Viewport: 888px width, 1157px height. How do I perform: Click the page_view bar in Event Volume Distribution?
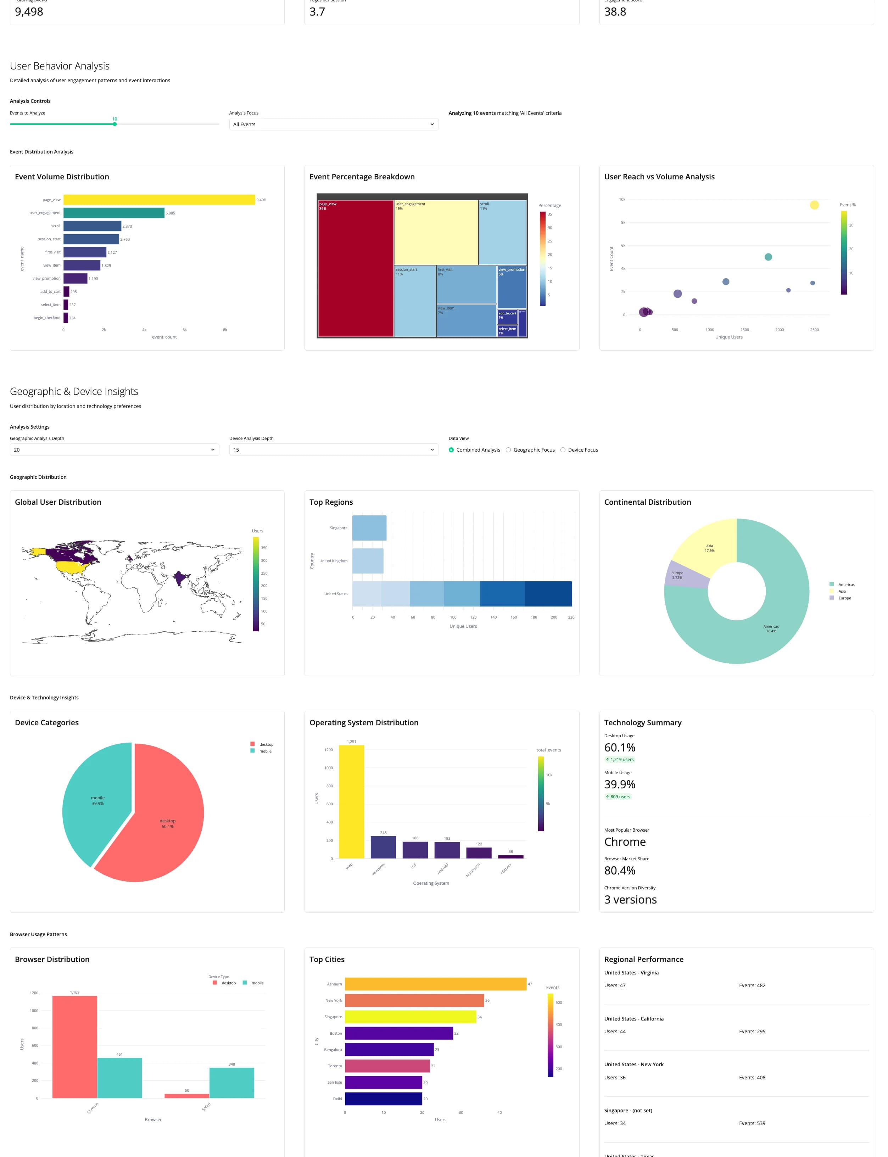pyautogui.click(x=158, y=200)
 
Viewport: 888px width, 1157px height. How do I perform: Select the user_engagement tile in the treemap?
pyautogui.click(x=436, y=233)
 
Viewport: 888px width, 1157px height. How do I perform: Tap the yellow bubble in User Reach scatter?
pyautogui.click(x=814, y=205)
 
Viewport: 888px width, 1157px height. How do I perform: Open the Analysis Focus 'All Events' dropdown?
pyautogui.click(x=334, y=124)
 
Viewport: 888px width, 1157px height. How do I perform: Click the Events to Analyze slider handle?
pyautogui.click(x=115, y=124)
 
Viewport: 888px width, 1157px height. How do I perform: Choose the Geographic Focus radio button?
pyautogui.click(x=508, y=450)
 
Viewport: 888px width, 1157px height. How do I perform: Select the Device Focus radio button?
pyautogui.click(x=563, y=450)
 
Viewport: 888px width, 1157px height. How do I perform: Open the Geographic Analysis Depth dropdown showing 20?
pyautogui.click(x=114, y=450)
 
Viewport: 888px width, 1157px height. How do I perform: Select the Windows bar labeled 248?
pyautogui.click(x=383, y=847)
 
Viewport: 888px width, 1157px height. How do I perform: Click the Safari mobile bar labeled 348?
pyautogui.click(x=231, y=1083)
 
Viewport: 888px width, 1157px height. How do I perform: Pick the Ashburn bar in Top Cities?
pyautogui.click(x=436, y=984)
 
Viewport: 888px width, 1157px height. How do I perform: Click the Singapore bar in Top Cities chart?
pyautogui.click(x=410, y=1017)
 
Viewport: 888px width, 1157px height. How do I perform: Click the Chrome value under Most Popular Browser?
pyautogui.click(x=625, y=842)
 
